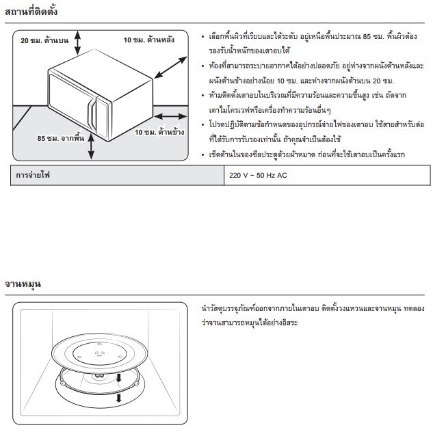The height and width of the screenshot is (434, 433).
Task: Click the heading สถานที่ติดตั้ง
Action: pyautogui.click(x=31, y=11)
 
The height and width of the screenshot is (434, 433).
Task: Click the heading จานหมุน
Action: pyautogui.click(x=23, y=284)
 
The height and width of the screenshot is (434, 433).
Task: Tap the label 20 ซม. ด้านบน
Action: pyautogui.click(x=44, y=40)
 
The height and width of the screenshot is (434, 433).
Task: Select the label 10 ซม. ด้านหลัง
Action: pyautogui.click(x=148, y=40)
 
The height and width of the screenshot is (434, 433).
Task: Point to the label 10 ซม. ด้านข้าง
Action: pyautogui.click(x=159, y=132)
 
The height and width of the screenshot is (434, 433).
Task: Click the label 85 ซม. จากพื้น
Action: pyautogui.click(x=61, y=137)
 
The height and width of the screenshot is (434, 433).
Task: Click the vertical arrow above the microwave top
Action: pyautogui.click(x=77, y=42)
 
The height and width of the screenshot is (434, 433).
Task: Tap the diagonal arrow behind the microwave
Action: pyautogui.click(x=170, y=68)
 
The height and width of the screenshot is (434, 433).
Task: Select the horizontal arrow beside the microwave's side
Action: pyautogui.click(x=170, y=116)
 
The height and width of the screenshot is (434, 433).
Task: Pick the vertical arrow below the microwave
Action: pyautogui.click(x=91, y=147)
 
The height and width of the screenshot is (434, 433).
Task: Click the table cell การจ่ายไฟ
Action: pyautogui.click(x=117, y=175)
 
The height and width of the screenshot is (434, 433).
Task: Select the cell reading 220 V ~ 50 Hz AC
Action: pyautogui.click(x=327, y=175)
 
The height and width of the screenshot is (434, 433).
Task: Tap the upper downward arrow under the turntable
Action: pyautogui.click(x=119, y=378)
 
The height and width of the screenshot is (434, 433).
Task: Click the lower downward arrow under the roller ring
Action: pyautogui.click(x=119, y=398)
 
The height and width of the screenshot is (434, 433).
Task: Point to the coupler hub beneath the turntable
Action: pyautogui.click(x=99, y=376)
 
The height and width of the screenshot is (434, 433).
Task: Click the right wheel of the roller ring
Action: pyautogui.click(x=136, y=383)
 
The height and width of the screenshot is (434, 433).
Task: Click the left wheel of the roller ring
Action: pyautogui.click(x=62, y=383)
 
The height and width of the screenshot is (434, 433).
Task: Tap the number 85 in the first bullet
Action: pyautogui.click(x=367, y=36)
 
